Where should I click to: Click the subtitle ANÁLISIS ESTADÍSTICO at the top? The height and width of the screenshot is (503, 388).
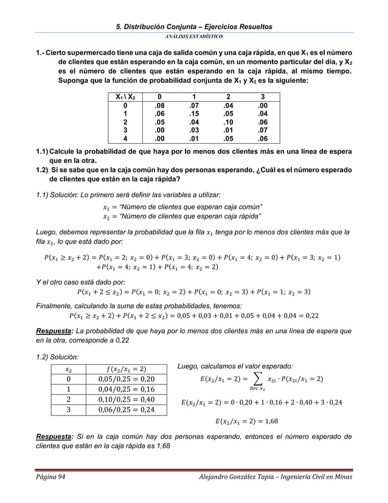pos(195,36)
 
